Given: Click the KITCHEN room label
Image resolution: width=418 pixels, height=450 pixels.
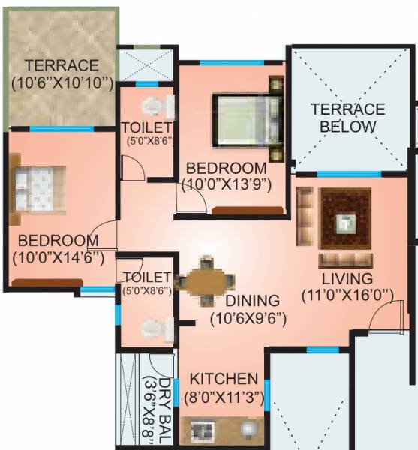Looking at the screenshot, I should (x=224, y=378).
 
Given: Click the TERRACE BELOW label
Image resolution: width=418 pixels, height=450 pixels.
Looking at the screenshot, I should (x=348, y=118).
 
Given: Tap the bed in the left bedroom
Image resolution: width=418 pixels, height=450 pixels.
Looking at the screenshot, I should (x=38, y=186).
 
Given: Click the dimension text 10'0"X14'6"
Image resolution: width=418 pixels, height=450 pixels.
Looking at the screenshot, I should (x=59, y=256).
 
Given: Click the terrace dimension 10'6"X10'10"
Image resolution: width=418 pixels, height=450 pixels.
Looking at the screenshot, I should (x=62, y=80).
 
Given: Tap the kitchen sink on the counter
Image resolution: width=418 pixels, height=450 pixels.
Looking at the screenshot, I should (x=248, y=429).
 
